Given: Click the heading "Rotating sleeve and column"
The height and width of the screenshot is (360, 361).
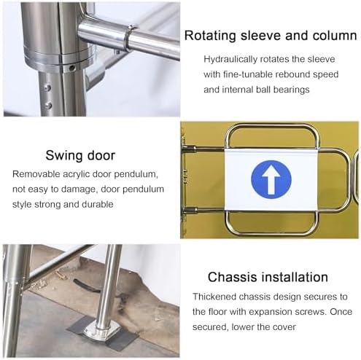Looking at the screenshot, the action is (x=271, y=36).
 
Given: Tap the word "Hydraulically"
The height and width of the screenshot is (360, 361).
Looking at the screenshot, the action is (x=230, y=60).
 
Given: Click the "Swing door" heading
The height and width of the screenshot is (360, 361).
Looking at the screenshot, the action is (x=80, y=155).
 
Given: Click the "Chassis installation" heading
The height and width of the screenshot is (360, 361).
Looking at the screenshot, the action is (x=268, y=277).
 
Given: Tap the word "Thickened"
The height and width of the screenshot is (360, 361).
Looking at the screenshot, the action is (x=214, y=297).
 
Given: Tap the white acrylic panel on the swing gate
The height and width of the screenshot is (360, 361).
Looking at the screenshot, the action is (x=271, y=179).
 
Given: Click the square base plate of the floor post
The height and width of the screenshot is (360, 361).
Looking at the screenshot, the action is (x=102, y=332).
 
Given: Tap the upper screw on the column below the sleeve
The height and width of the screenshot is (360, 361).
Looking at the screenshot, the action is (x=49, y=88).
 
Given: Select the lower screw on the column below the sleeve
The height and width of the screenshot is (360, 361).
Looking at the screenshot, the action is (x=49, y=106).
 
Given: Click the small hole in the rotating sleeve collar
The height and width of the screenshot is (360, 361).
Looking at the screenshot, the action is (x=71, y=69).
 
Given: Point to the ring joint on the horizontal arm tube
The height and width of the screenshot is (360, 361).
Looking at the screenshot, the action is (x=130, y=39).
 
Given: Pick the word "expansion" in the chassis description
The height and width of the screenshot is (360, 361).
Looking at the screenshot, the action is (x=270, y=313).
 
